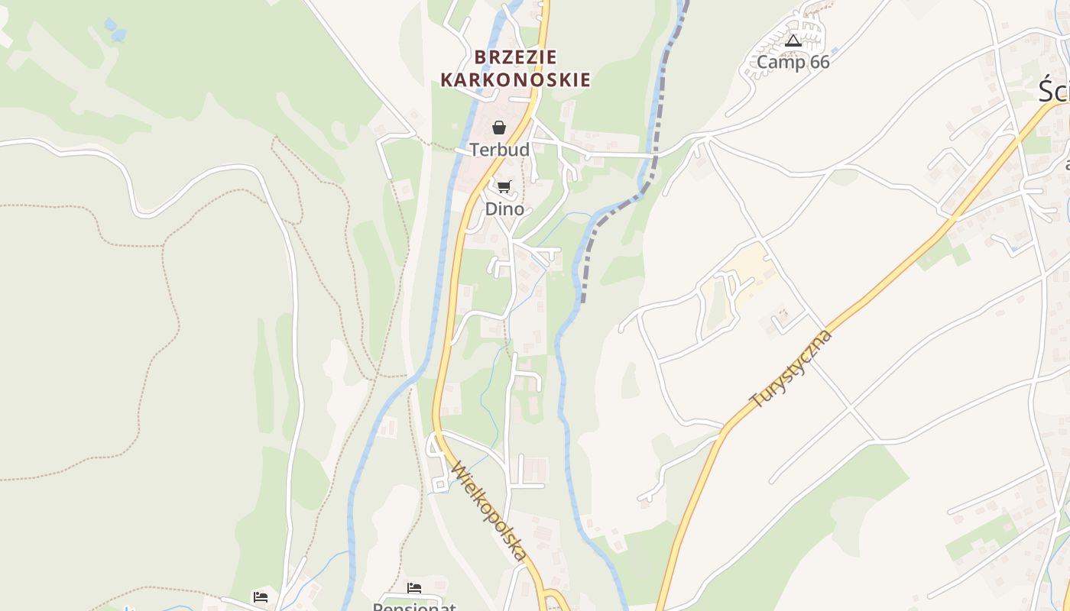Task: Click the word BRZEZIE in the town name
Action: pyautogui.click(x=516, y=57)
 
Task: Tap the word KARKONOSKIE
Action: pyautogui.click(x=516, y=79)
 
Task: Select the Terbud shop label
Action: pyautogui.click(x=499, y=150)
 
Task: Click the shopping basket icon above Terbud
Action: pyautogui.click(x=499, y=128)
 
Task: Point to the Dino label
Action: pyautogui.click(x=504, y=209)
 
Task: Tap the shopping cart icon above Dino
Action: pyautogui.click(x=504, y=186)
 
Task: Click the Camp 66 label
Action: pyautogui.click(x=793, y=62)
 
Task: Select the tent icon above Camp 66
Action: pyautogui.click(x=793, y=40)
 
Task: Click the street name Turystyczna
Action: pyautogui.click(x=790, y=370)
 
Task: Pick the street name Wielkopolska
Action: pyautogui.click(x=490, y=511)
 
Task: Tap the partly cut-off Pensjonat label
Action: pyautogui.click(x=414, y=606)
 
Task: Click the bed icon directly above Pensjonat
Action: pyautogui.click(x=414, y=587)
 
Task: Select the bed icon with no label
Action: pyautogui.click(x=261, y=596)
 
